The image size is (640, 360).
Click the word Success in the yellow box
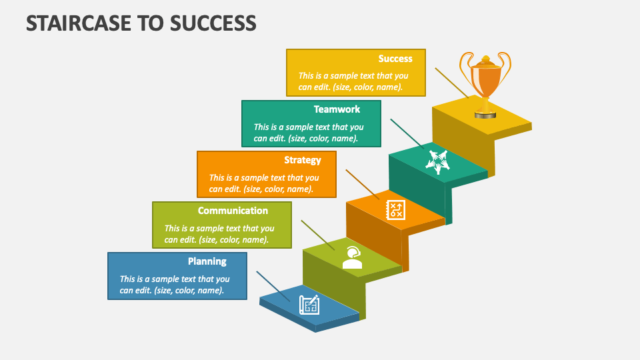tap(395, 59)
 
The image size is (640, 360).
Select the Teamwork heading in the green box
tap(337, 109)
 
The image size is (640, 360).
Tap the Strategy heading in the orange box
tap(302, 160)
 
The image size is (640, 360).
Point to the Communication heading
tap(233, 211)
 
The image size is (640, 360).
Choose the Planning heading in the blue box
tap(207, 261)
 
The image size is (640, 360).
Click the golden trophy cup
tap(485, 80)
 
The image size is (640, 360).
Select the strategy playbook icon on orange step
tap(395, 210)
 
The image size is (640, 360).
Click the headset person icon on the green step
tap(352, 257)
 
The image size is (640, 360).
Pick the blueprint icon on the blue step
tap(309, 305)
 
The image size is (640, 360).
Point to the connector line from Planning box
tap(273, 286)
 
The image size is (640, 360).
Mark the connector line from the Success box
tap(451, 83)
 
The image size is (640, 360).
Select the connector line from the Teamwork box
tap(406, 134)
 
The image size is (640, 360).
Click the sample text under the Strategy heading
tap(264, 183)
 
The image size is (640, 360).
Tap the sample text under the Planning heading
tap(175, 285)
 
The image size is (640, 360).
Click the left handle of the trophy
tap(465, 67)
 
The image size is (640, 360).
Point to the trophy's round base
tap(485, 115)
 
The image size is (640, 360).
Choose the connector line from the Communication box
tap(317, 235)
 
